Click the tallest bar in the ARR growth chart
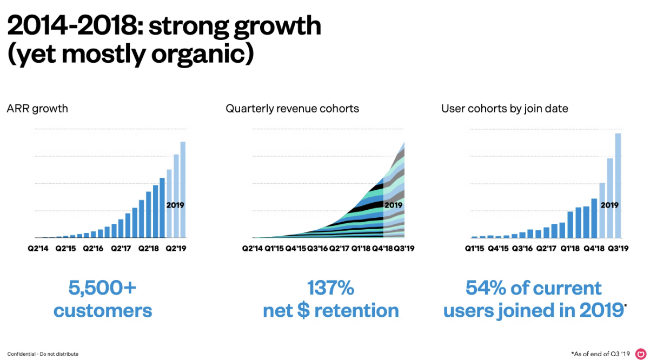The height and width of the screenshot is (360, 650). coord(183,189)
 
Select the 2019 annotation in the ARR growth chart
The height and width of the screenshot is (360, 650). coord(175,205)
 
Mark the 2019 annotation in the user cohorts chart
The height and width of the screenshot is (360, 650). coord(609,205)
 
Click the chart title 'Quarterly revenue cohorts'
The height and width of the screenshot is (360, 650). coord(292,109)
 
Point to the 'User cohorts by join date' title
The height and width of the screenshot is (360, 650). coord(505,109)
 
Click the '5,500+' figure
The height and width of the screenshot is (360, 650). coord(103,288)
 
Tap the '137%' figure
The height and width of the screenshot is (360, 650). coord(330,288)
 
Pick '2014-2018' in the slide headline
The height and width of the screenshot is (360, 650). coord(73,25)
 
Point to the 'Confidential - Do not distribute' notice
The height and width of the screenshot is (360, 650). coord(43,354)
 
